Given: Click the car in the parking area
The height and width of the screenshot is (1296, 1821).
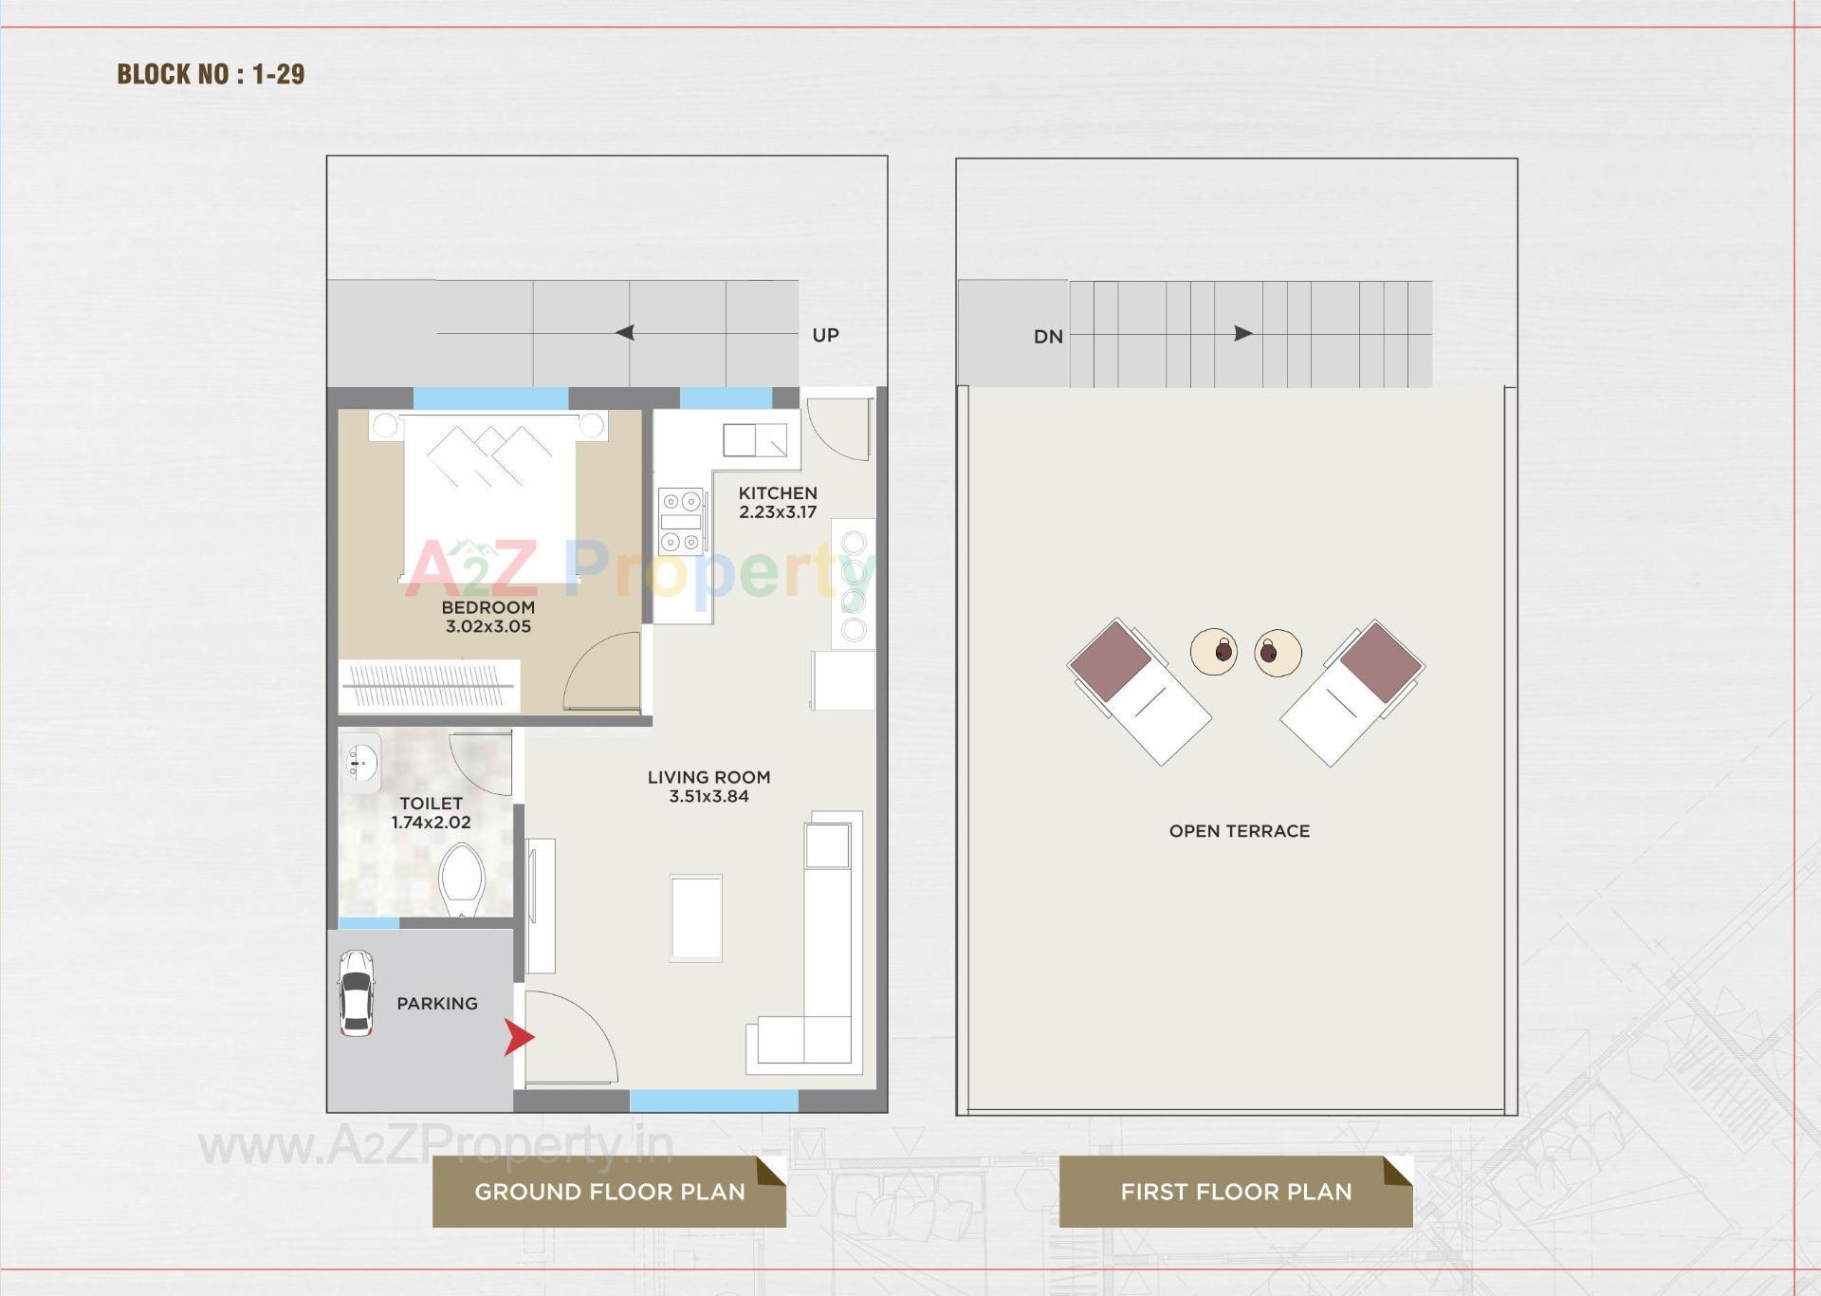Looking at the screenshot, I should [356, 993].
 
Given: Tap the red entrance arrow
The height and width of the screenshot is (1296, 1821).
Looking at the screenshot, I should [518, 1037].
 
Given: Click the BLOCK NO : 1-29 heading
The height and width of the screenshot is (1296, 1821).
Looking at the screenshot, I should [211, 74].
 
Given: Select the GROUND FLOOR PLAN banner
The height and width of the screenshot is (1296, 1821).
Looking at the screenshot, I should [609, 1192].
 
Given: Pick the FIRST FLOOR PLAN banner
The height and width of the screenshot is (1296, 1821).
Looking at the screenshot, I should [1235, 1192].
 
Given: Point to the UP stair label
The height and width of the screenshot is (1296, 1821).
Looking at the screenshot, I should [825, 335].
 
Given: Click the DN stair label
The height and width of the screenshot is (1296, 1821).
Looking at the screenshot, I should [1048, 337].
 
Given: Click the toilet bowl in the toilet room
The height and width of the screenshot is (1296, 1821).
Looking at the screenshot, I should [462, 879].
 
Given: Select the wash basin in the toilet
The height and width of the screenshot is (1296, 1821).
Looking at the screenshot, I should [360, 762].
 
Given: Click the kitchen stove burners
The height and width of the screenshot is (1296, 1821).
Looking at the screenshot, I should [681, 521].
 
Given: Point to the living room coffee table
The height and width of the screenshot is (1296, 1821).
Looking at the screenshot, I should [696, 918].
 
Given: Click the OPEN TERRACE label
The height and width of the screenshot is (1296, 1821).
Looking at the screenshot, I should [1239, 831].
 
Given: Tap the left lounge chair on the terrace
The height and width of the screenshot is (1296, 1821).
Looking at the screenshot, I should [1138, 691].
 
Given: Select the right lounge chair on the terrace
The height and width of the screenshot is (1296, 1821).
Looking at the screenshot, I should [1352, 691].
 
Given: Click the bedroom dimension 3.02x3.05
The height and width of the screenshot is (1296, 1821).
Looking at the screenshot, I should [487, 626].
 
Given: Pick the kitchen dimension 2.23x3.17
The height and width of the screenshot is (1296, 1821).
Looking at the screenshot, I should [778, 512].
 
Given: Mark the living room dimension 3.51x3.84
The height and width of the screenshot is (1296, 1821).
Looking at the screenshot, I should [708, 797].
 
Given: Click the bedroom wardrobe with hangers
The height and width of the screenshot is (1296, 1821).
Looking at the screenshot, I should [429, 685].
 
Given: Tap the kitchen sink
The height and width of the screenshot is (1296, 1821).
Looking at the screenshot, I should [754, 440].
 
